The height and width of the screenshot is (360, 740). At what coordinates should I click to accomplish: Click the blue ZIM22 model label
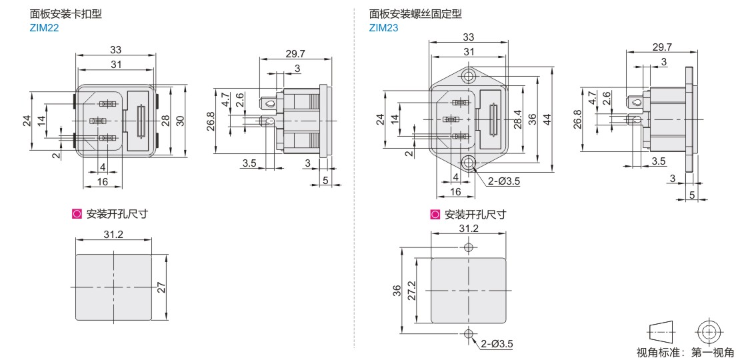click(44, 28)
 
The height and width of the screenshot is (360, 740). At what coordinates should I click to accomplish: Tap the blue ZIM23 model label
click(384, 28)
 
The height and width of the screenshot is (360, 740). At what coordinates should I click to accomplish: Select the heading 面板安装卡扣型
click(65, 14)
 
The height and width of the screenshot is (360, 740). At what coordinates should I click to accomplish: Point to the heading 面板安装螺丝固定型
click(415, 14)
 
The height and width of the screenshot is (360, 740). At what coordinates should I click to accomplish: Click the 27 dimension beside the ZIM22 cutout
click(161, 287)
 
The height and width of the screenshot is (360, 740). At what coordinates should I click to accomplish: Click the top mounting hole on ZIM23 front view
click(469, 75)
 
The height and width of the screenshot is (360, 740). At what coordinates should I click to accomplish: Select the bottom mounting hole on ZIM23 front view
click(469, 163)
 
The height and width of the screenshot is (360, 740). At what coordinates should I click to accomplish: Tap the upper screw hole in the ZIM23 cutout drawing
click(469, 247)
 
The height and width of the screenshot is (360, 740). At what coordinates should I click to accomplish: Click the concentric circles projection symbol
click(709, 332)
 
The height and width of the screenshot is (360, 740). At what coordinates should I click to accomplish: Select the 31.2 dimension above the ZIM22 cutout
click(113, 234)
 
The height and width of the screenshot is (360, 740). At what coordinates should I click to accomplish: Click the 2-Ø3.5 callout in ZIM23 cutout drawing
click(497, 344)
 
